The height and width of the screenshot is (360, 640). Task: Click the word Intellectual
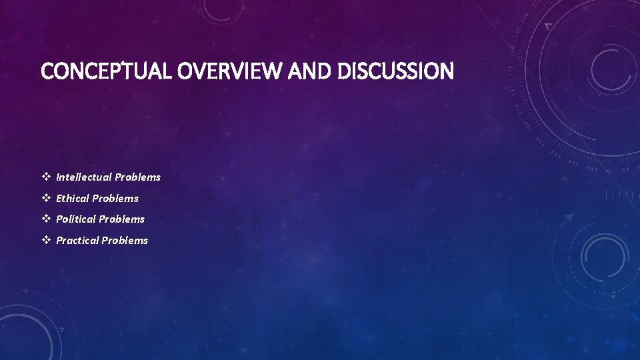[84, 177]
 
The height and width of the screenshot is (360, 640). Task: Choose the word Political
[77, 219]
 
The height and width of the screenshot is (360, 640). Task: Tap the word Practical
[77, 240]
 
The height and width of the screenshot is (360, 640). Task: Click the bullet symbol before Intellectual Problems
[46, 177]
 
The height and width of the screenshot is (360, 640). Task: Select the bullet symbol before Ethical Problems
[46, 198]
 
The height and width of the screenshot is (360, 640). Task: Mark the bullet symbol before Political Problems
[46, 219]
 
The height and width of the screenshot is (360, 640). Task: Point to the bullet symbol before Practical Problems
[46, 240]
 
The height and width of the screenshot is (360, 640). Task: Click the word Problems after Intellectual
[138, 177]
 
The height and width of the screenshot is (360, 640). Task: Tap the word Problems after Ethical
[116, 198]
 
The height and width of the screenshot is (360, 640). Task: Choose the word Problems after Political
[122, 219]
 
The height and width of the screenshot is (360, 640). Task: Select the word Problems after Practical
[125, 240]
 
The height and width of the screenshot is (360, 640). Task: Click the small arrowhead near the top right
[549, 27]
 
